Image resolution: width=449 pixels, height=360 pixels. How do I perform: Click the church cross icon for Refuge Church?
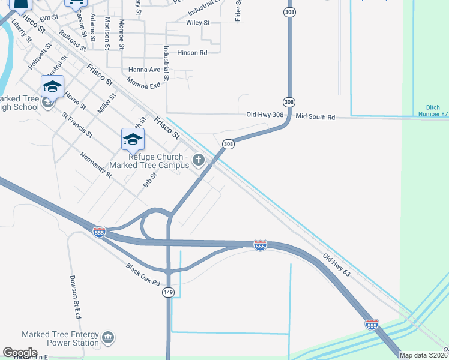pos(199,160)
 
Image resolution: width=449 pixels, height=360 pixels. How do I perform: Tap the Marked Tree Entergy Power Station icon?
pos(109,338)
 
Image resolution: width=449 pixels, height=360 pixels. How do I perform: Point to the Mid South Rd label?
pos(315,118)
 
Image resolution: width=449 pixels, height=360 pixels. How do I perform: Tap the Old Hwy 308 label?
pos(264,114)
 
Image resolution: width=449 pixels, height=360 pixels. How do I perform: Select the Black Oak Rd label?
pos(143,274)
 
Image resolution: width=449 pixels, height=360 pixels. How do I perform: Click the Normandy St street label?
pos(96,164)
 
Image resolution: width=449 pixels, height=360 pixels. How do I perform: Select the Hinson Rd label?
pos(192,53)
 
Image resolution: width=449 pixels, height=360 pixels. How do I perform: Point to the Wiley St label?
pos(198,23)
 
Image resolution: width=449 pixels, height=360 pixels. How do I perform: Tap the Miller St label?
pos(107,103)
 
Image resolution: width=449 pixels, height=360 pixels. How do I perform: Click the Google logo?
pos(20,353)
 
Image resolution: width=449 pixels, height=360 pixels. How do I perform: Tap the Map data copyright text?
pos(424,355)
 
